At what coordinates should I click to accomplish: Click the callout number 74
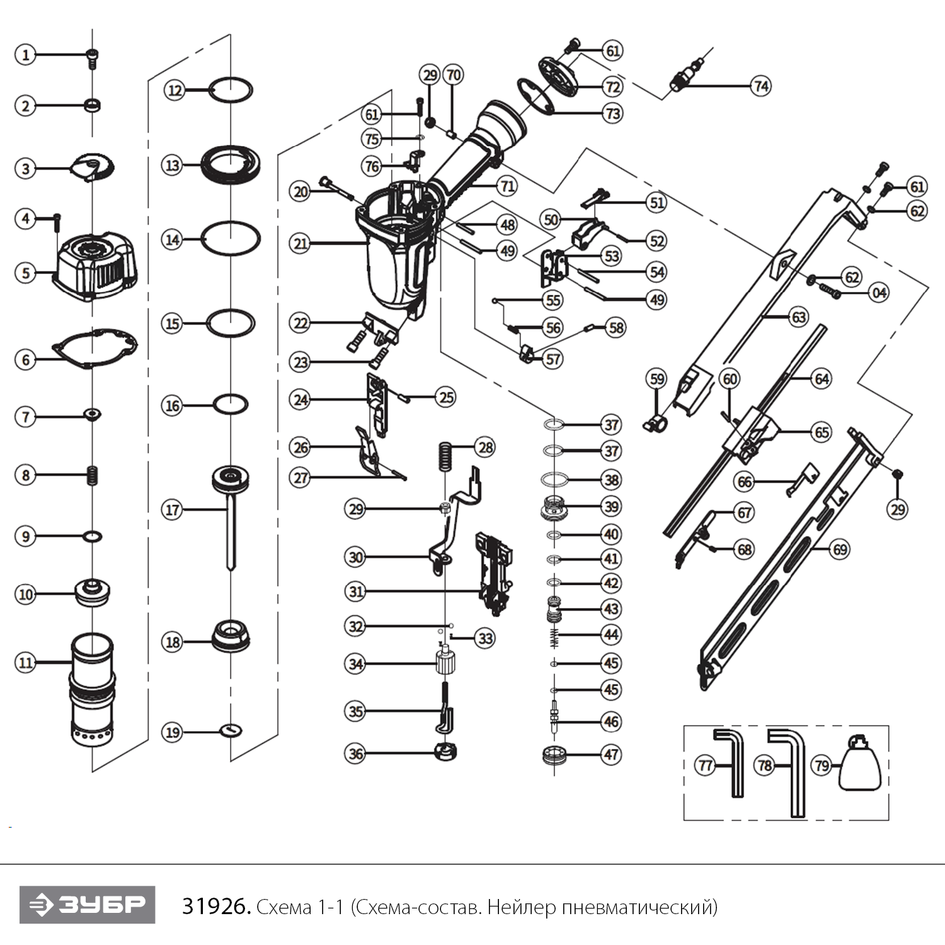(761, 86)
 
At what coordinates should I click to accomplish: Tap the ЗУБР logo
(87, 905)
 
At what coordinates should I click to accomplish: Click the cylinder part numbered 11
(93, 687)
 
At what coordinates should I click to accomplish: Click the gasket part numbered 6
(94, 348)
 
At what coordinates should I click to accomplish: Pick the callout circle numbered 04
(879, 292)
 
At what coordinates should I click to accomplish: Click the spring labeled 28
(446, 455)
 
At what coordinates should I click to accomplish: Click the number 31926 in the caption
(216, 907)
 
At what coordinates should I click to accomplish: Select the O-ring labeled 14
(231, 239)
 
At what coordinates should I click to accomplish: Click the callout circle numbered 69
(840, 549)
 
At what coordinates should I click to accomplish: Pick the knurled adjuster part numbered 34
(445, 664)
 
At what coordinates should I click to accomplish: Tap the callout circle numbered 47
(611, 754)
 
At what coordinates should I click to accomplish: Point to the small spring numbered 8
(93, 475)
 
